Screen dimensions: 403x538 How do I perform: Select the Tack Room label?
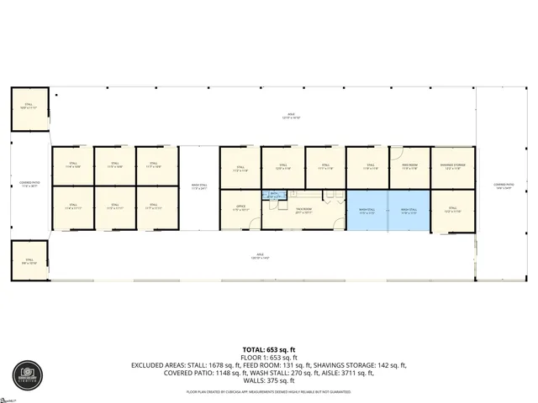pos(304,210)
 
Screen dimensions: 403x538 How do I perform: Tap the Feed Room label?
pos(409,166)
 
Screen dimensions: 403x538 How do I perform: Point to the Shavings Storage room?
pos(452,167)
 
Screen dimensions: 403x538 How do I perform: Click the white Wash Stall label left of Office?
pos(199,187)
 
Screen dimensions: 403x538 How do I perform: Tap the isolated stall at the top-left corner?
pos(30,107)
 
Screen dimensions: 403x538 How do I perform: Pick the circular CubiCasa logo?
pos(25,374)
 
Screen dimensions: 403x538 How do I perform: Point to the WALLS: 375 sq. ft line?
pos(268,381)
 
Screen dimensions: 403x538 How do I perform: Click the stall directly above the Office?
pos(240,166)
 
